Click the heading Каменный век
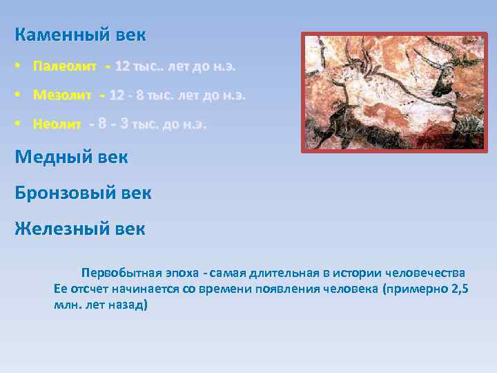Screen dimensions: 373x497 point(80,35)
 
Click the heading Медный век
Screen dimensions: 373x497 point(71,157)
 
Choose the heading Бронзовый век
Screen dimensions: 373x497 point(83,193)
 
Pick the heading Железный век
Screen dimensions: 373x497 point(80,229)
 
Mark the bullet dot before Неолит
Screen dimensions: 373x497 point(19,124)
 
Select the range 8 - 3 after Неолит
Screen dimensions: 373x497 point(113,124)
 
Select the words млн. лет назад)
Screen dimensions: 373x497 point(101,305)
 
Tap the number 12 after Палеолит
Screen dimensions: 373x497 point(122,67)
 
